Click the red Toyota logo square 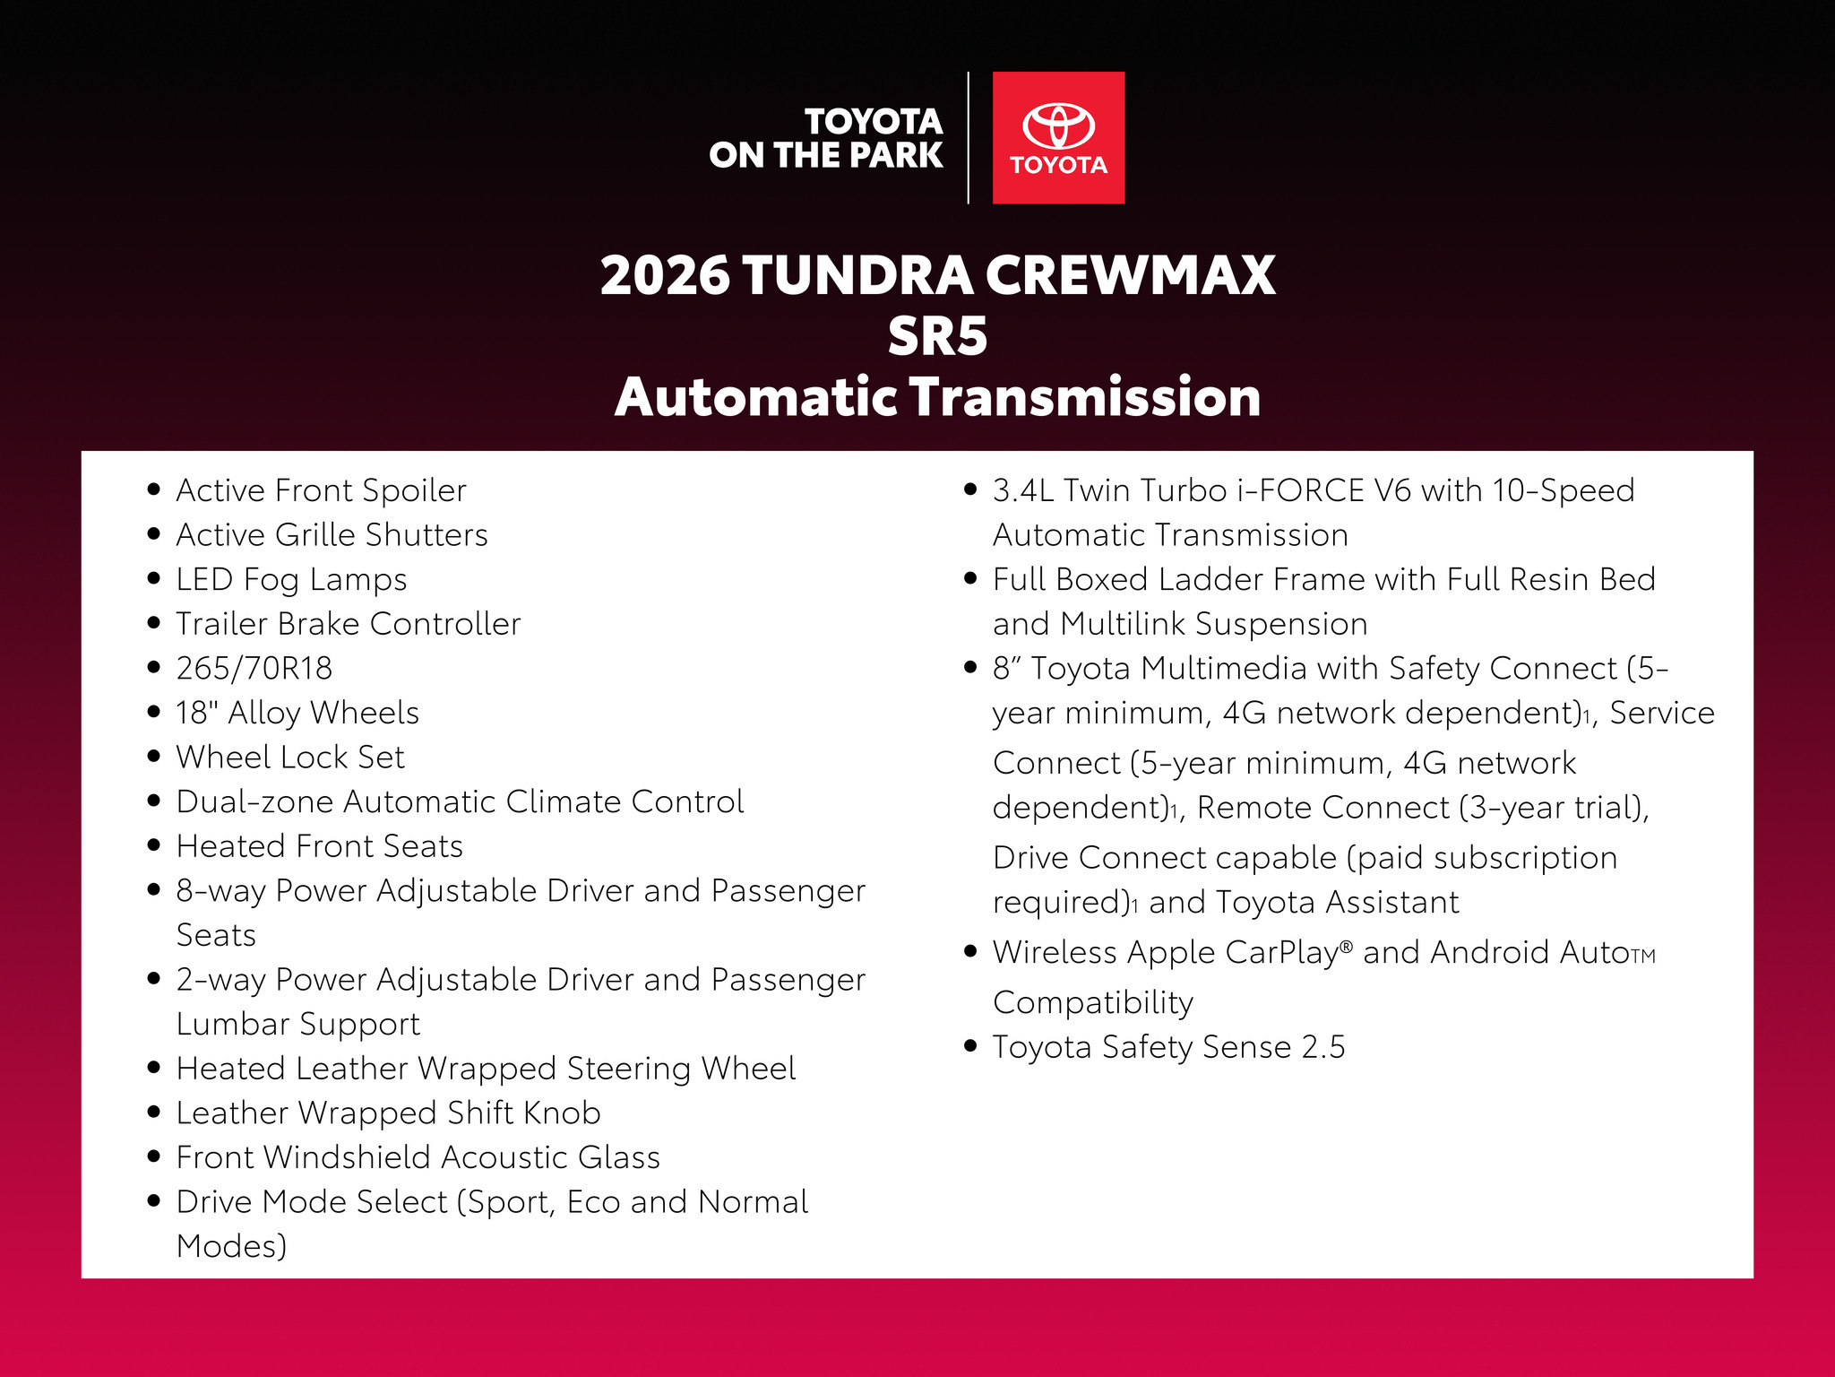(1058, 138)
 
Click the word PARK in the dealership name (896, 155)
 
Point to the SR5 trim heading (937, 337)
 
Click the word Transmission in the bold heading (1085, 397)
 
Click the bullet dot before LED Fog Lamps (154, 578)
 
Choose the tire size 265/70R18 (254, 668)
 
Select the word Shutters (426, 535)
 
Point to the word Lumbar (233, 1024)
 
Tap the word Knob (562, 1113)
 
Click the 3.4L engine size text (1023, 490)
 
